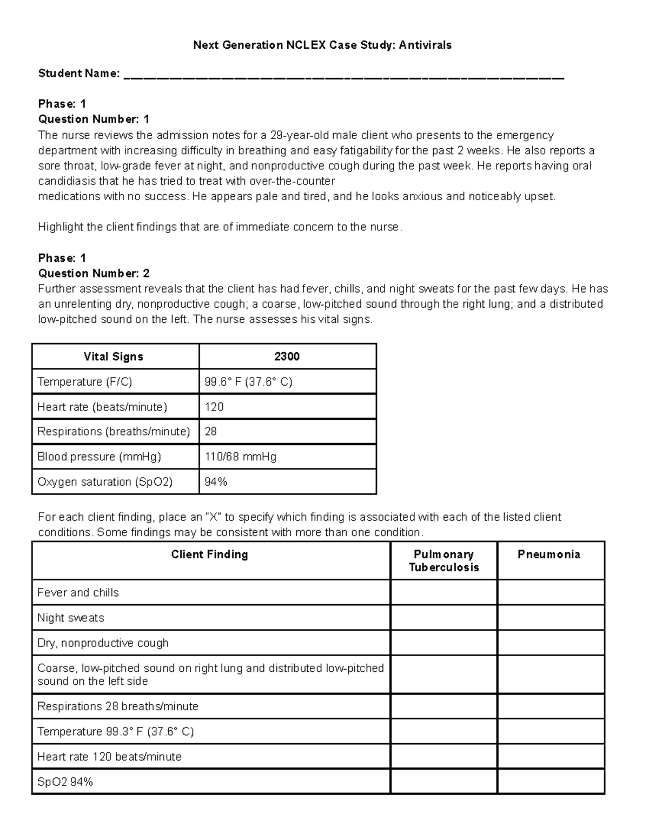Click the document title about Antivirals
pyautogui.click(x=322, y=45)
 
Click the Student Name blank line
pyautogui.click(x=344, y=76)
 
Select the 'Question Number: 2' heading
pyautogui.click(x=94, y=273)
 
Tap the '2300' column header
pyautogui.click(x=287, y=356)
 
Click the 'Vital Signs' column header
pyautogui.click(x=114, y=356)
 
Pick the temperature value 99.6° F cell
pyautogui.click(x=248, y=382)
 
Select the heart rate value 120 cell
pyautogui.click(x=214, y=407)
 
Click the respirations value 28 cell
pyautogui.click(x=211, y=432)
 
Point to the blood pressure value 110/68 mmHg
pyautogui.click(x=240, y=457)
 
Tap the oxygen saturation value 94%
pyautogui.click(x=216, y=481)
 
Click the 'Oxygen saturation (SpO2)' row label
pyautogui.click(x=105, y=481)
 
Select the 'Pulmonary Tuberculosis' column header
pyautogui.click(x=443, y=561)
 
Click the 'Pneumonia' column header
pyautogui.click(x=549, y=554)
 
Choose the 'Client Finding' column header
pyautogui.click(x=209, y=554)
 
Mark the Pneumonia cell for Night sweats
pyautogui.click(x=551, y=618)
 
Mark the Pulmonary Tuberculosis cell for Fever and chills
pyautogui.click(x=443, y=592)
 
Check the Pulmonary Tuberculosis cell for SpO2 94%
pyautogui.click(x=443, y=782)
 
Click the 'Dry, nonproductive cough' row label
pyautogui.click(x=103, y=643)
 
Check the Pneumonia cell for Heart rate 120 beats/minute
pyautogui.click(x=551, y=757)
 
